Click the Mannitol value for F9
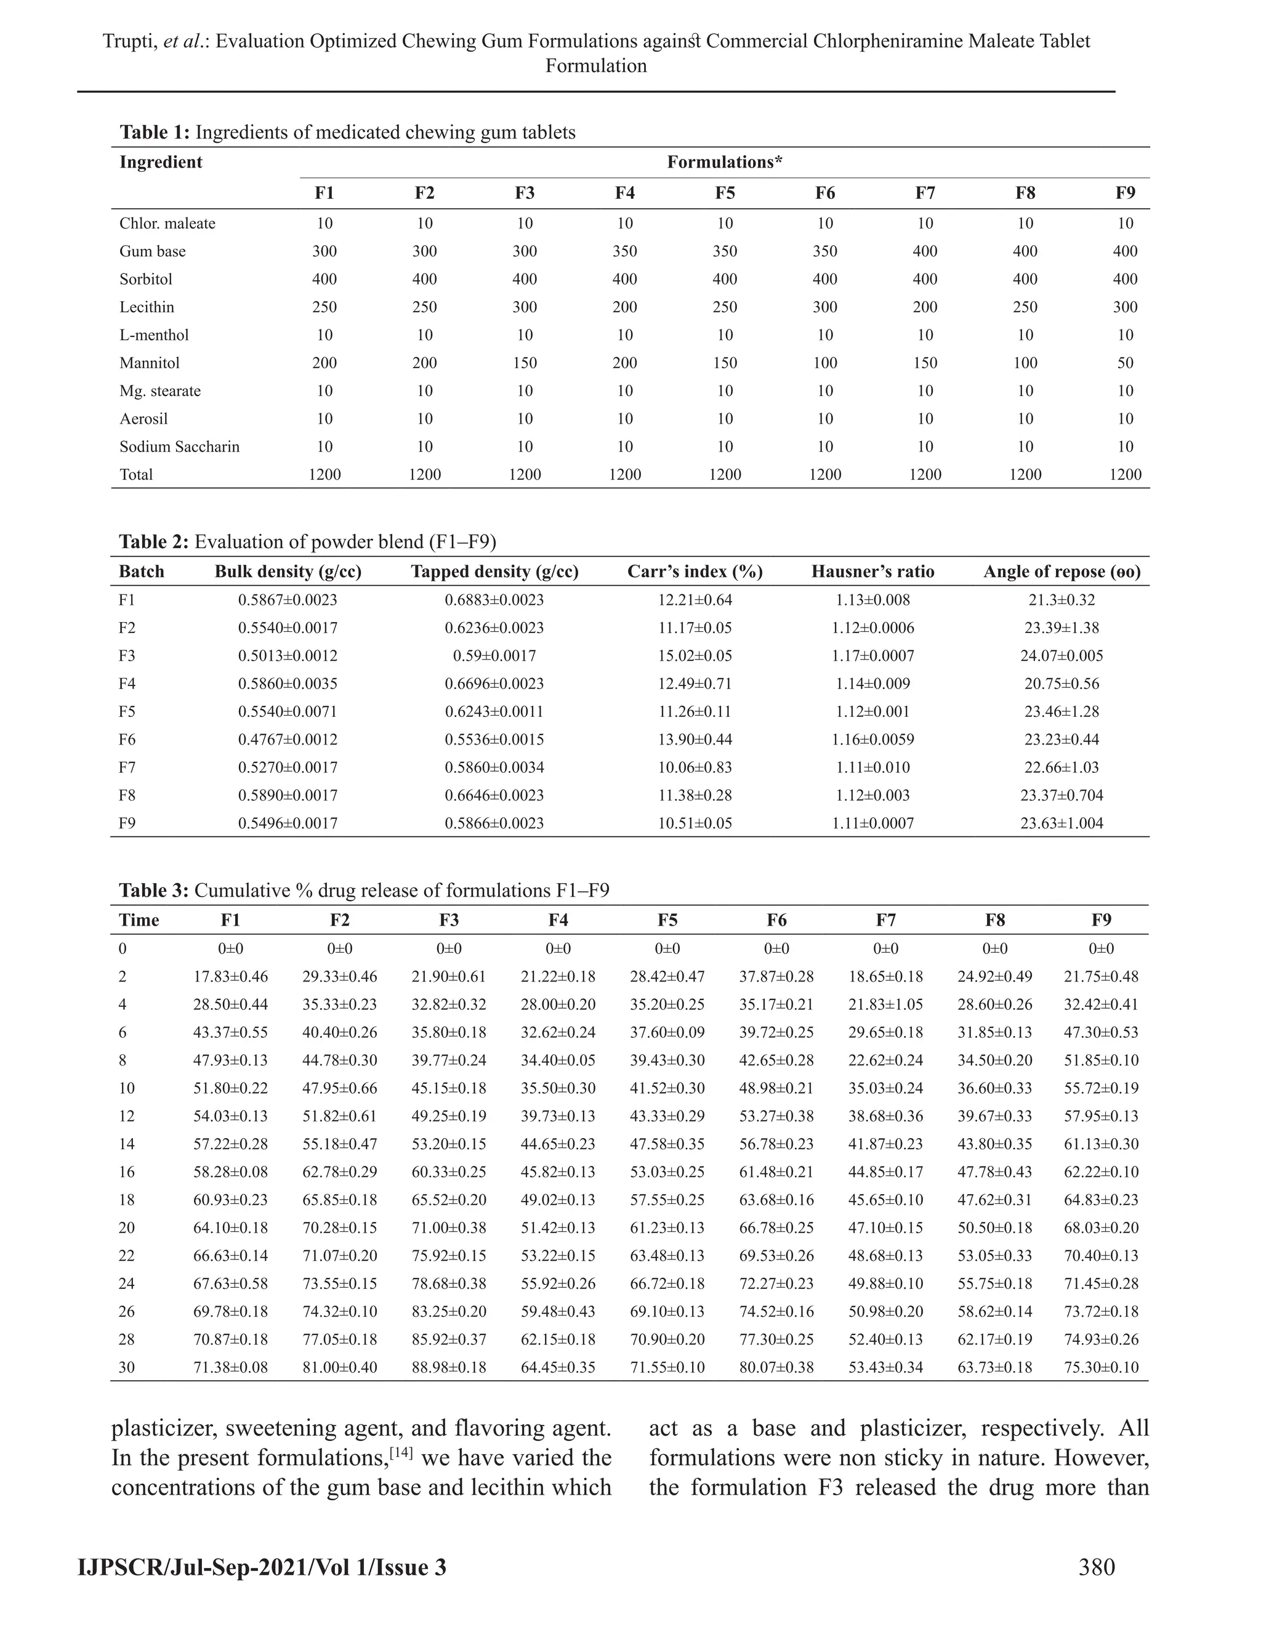coord(1125,363)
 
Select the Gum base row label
coord(153,251)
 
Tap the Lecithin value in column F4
coord(624,307)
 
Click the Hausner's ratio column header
coord(872,572)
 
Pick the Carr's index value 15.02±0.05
coord(695,656)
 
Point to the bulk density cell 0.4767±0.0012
coord(288,740)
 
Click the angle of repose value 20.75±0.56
coord(1062,684)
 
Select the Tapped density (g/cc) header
coord(494,572)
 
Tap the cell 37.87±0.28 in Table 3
coord(776,977)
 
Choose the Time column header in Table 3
coord(139,920)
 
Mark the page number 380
coord(1096,1567)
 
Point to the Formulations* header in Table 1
coord(724,162)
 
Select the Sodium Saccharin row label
coord(179,447)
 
